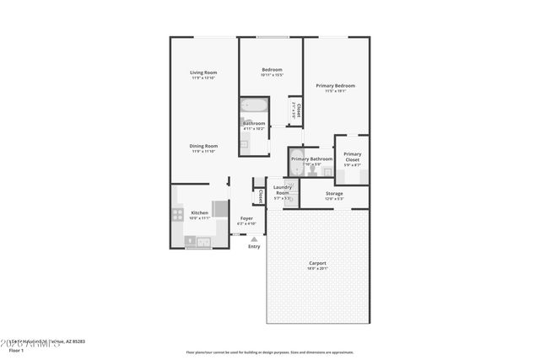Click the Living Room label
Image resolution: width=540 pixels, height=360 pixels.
pos(203,73)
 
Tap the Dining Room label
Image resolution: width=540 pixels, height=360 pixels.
pos(203,146)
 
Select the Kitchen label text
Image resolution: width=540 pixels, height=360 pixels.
pos(199,212)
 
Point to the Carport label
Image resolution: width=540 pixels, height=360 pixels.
pos(317,263)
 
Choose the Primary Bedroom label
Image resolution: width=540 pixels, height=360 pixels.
pos(335,85)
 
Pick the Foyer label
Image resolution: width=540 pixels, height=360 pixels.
pos(246,218)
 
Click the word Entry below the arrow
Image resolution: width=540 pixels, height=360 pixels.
pos(254,247)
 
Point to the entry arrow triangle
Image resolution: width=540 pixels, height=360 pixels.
pos(254,239)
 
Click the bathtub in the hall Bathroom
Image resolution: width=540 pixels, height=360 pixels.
pos(254,107)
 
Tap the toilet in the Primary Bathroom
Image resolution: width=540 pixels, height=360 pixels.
pos(311,170)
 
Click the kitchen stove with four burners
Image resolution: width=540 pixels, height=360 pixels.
pos(178,214)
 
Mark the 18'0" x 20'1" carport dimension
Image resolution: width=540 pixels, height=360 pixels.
pos(317,269)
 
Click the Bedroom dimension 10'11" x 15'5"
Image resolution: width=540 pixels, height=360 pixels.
pos(271,75)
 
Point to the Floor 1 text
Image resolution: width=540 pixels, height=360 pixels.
pos(17,349)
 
